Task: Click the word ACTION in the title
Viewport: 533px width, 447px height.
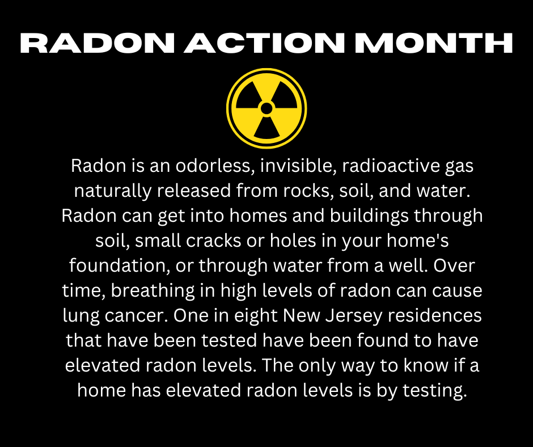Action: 264,43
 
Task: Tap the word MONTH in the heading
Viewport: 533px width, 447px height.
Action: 433,43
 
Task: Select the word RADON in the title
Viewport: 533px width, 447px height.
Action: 97,43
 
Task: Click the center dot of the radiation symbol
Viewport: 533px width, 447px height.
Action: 266,108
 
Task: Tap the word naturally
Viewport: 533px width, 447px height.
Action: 112,191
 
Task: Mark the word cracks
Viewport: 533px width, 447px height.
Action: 213,241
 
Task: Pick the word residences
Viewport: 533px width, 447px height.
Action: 435,315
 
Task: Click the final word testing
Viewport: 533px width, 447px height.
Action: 435,390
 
